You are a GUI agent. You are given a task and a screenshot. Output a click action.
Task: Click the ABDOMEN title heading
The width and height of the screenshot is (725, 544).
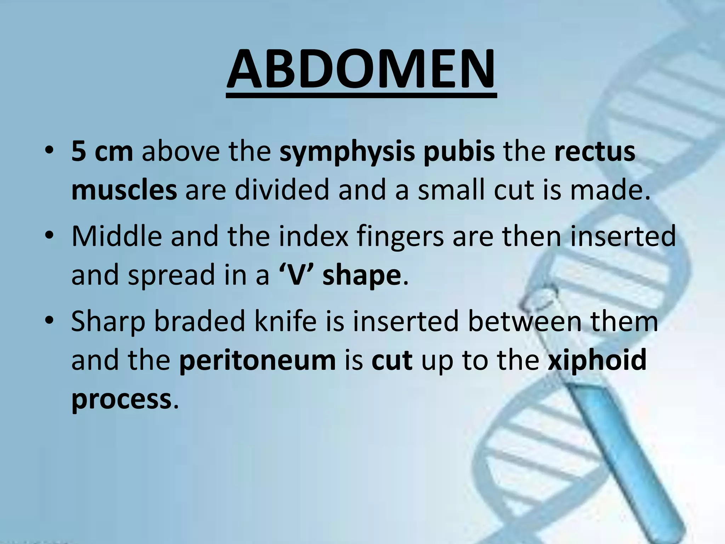point(361,69)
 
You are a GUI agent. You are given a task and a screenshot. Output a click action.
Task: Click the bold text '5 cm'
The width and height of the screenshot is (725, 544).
point(102,152)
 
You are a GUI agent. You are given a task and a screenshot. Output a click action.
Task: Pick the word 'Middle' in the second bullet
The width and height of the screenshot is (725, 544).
point(116,236)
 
